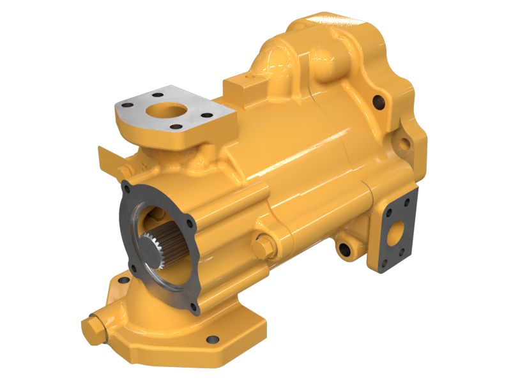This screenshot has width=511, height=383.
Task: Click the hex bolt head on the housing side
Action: [x=263, y=246]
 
